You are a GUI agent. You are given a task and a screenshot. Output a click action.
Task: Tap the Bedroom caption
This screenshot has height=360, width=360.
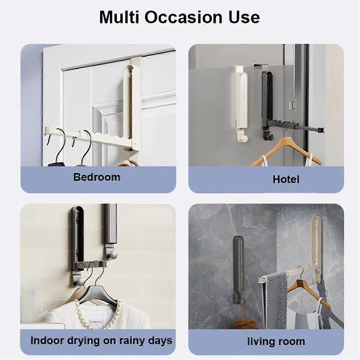pos(97,177)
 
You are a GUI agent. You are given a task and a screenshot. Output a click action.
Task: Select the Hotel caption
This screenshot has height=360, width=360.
pos(286,179)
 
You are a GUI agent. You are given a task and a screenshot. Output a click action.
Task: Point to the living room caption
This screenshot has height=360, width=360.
pos(276,341)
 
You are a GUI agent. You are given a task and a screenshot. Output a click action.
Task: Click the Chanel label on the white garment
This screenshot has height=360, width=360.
pos(97,322)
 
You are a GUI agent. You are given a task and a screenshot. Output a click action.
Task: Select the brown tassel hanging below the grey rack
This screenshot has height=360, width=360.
pos(241,322)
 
